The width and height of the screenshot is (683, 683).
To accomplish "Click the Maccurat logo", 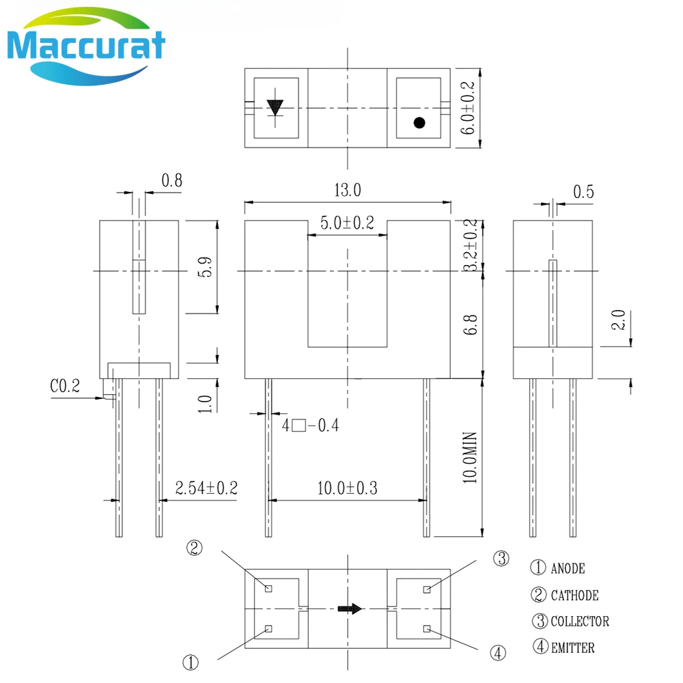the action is tap(86, 46).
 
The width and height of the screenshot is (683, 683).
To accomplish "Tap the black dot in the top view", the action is tap(419, 123).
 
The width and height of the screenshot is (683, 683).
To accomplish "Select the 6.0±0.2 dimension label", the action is tap(467, 108).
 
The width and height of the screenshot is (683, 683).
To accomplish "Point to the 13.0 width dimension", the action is tap(348, 191).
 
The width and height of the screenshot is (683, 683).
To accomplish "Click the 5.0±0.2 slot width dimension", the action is tap(347, 223).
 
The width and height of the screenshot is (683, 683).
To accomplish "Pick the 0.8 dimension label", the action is tap(171, 180).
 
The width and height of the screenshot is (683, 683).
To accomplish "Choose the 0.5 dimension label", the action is tap(583, 192).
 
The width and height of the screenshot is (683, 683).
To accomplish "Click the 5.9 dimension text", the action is tap(205, 267).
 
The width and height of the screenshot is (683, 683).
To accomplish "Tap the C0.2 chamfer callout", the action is tap(65, 386).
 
